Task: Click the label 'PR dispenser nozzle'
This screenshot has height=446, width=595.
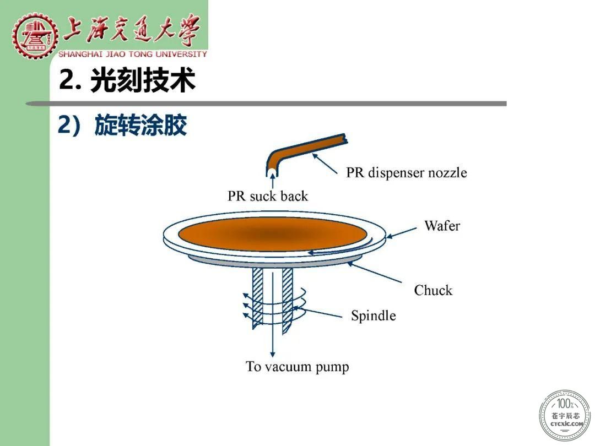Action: click(x=407, y=172)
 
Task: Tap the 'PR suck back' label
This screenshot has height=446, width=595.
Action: click(x=268, y=196)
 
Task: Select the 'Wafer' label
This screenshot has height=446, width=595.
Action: click(x=442, y=226)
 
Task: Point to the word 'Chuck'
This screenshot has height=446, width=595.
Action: click(x=434, y=290)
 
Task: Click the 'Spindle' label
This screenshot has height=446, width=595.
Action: click(x=374, y=316)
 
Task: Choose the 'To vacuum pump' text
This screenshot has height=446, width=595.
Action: click(x=297, y=367)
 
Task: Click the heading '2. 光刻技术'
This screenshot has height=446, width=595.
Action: click(x=127, y=80)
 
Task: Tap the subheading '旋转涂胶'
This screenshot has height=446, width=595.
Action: click(x=141, y=125)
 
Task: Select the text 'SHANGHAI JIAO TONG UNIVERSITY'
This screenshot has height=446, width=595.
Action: click(x=132, y=54)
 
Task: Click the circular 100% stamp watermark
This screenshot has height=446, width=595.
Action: click(x=565, y=415)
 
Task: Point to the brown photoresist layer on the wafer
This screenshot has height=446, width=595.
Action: click(x=273, y=235)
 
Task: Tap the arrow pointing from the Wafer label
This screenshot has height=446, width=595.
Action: click(x=402, y=233)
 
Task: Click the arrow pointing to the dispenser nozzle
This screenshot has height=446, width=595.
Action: click(x=324, y=164)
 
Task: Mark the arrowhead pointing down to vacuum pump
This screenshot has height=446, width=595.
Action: click(x=273, y=353)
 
